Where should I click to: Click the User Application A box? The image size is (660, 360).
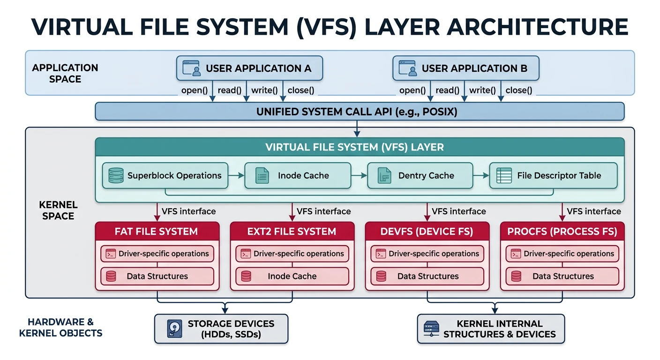click(x=249, y=68)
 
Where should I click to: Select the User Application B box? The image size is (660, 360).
click(x=465, y=68)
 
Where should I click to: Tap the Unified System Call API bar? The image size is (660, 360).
click(x=360, y=112)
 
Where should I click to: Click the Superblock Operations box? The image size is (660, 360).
click(x=165, y=176)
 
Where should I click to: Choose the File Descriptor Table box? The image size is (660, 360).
click(x=553, y=176)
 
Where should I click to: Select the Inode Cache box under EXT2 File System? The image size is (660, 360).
click(x=292, y=276)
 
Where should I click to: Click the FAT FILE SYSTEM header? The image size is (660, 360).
click(x=157, y=232)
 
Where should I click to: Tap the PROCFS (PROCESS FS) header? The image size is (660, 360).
click(x=562, y=232)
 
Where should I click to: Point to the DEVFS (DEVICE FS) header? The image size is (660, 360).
click(x=427, y=232)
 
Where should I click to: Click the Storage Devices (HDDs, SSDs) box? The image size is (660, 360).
click(x=221, y=329)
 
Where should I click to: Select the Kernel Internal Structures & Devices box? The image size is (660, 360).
click(x=491, y=329)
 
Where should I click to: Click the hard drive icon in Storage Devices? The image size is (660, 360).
click(x=174, y=329)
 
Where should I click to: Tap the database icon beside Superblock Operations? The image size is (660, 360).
click(x=115, y=176)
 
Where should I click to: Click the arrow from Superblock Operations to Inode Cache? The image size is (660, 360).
click(x=236, y=176)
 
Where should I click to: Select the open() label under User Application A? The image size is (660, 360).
click(x=194, y=90)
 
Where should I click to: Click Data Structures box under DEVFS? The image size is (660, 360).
click(x=427, y=276)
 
